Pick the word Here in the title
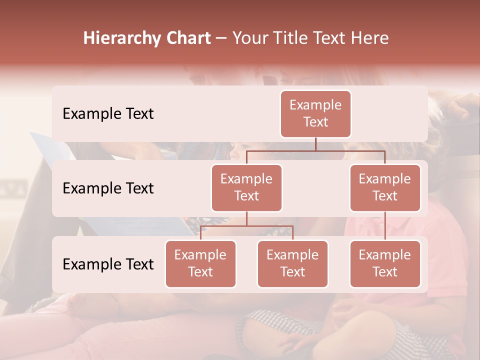point(369,38)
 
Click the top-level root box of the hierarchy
point(315,113)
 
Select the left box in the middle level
point(246,187)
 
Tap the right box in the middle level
point(385,187)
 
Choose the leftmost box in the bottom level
point(200,263)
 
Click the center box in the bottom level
point(292,263)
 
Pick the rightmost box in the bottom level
point(385,263)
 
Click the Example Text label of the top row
point(108,114)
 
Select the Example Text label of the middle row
point(108,188)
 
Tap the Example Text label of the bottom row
point(108,264)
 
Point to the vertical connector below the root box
point(315,144)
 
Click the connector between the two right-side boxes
point(385,225)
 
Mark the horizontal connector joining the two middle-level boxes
point(315,150)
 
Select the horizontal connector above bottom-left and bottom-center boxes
point(246,226)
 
